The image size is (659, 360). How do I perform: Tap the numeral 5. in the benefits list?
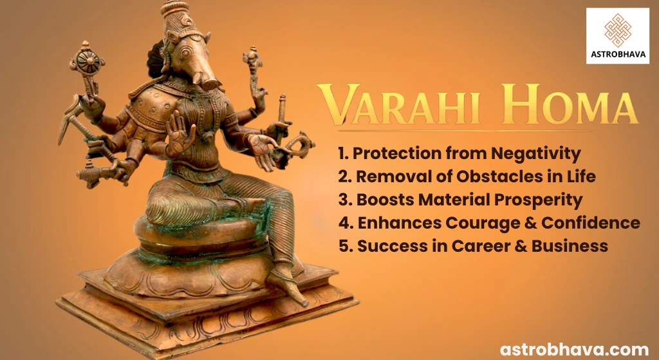tap(344, 245)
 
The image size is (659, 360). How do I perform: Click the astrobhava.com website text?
tap(575, 348)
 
